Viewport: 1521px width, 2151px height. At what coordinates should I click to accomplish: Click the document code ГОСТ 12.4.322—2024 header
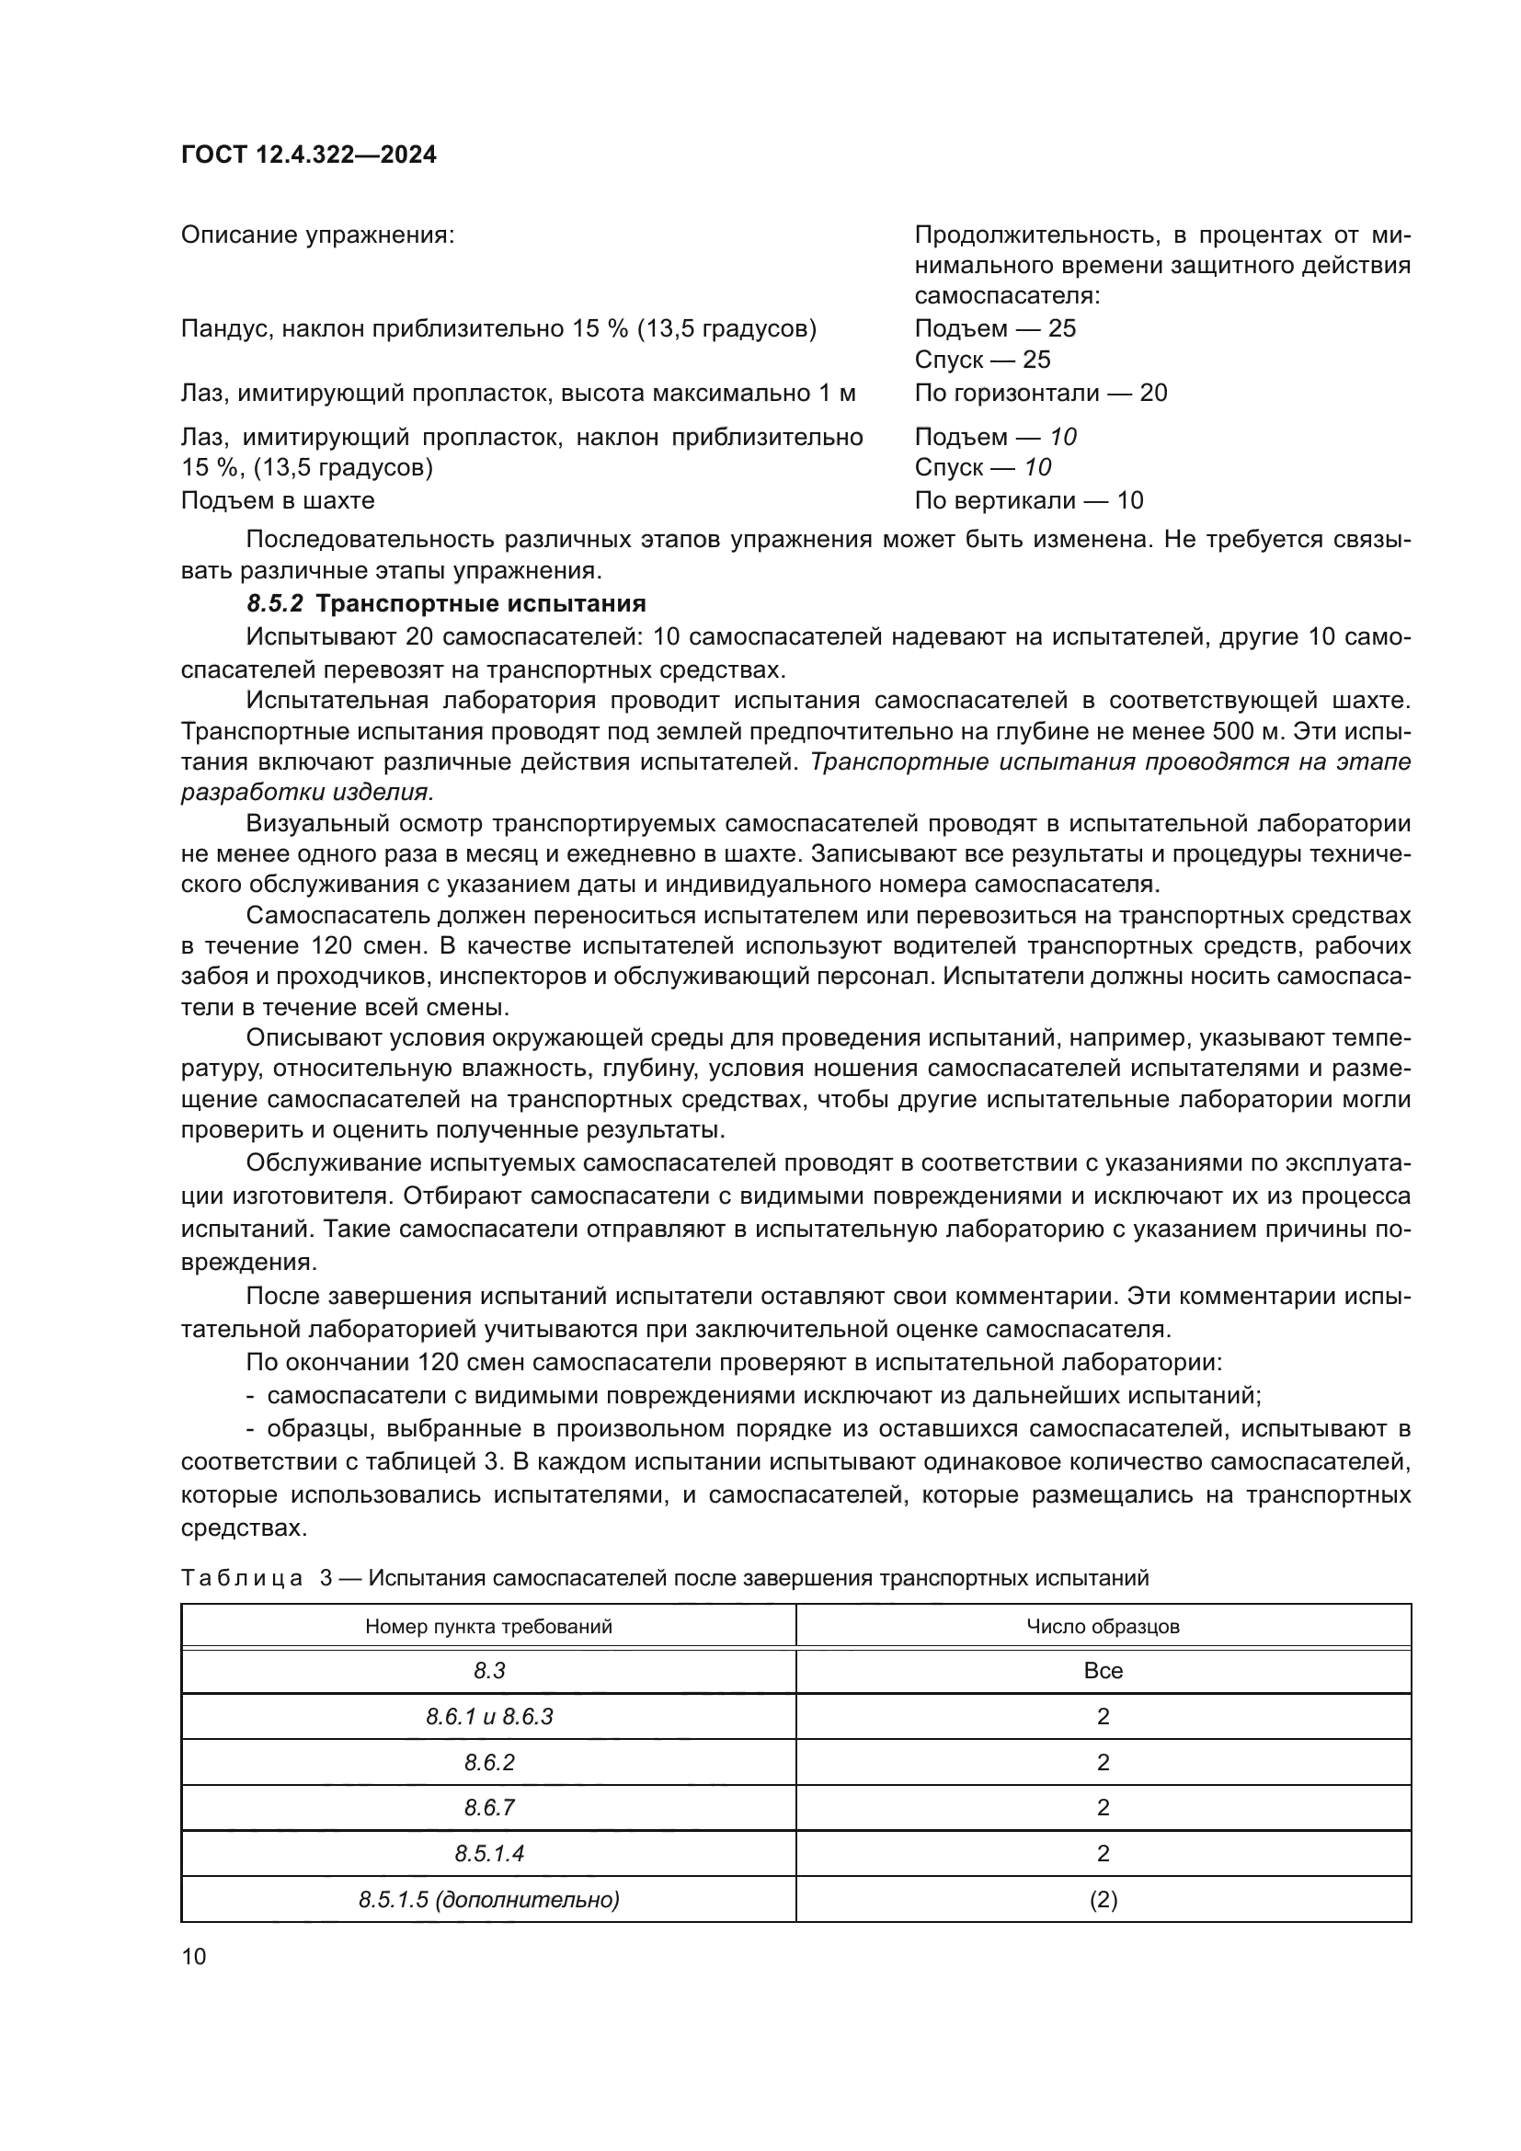308,154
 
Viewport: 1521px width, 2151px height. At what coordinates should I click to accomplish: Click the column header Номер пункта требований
488,1625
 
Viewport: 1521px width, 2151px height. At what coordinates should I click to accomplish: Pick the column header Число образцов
1103,1625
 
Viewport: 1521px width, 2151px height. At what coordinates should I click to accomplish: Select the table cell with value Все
1103,1670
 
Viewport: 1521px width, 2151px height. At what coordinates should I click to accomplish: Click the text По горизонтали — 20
1041,393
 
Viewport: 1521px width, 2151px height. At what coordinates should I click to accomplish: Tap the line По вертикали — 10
1028,500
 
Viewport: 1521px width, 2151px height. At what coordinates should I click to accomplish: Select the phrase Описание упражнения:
316,235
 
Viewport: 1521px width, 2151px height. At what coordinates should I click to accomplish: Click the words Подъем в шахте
277,500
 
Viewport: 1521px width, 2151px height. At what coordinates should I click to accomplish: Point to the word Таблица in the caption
241,1578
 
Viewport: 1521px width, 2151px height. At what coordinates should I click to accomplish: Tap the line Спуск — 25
981,360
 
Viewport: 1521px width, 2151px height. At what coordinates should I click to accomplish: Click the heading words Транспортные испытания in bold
480,602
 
